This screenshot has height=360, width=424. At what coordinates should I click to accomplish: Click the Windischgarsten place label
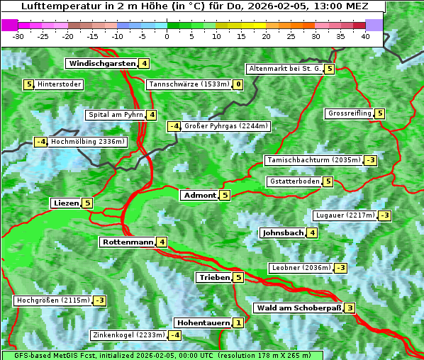coord(102,64)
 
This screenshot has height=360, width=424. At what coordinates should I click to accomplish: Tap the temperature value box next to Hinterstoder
coord(29,84)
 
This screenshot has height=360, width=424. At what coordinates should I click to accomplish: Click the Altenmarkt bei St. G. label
coord(284,69)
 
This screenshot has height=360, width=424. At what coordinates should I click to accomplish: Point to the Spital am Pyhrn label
coord(115,115)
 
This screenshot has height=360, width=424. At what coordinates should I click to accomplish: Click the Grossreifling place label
coord(350,113)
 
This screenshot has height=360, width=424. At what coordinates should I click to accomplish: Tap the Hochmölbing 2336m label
coord(87,142)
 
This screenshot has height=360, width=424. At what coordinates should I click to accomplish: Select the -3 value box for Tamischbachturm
coord(370,160)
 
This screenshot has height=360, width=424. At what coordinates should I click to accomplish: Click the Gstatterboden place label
coord(294,181)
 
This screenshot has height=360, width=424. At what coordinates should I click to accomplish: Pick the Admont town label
coord(199,195)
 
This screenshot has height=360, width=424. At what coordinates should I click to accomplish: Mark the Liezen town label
coord(66,203)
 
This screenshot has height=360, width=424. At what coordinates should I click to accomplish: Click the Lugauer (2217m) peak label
coord(345,215)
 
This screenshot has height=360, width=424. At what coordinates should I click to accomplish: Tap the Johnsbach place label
coord(283,232)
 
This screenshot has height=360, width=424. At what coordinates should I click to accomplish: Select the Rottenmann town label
coord(128,242)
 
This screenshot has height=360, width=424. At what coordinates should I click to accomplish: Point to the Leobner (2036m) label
coord(301,268)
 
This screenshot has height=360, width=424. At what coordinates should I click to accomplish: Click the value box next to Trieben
coord(238,278)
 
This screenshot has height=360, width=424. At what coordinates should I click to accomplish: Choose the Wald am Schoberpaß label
coord(299,308)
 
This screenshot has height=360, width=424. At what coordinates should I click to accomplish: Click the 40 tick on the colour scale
coord(365,36)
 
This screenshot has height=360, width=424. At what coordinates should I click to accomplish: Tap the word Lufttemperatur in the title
coord(54,6)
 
